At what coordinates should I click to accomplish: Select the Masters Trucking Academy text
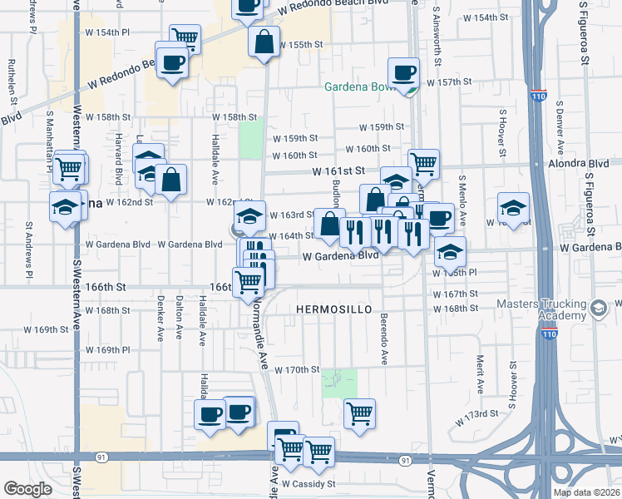pos(540,310)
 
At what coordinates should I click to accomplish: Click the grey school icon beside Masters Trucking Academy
pos(597,309)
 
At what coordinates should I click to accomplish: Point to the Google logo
pos(27,489)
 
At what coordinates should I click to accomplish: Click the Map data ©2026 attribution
pos(587,492)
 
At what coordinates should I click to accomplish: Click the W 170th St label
pos(297,369)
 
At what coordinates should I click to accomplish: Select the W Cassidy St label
pos(308,483)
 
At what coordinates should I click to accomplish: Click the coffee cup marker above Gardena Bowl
pos(405,72)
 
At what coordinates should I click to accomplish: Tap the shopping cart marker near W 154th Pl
pos(185,37)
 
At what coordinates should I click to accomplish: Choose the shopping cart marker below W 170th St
pos(359,413)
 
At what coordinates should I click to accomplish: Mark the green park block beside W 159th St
pos(251,137)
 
